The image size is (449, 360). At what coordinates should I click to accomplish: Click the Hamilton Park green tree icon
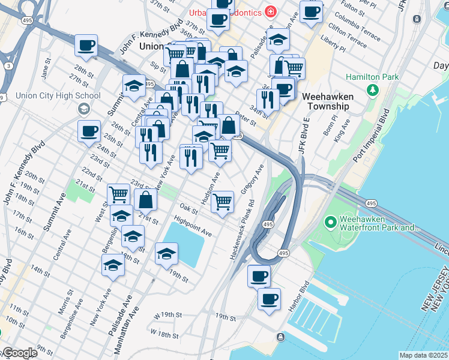(x=373, y=90)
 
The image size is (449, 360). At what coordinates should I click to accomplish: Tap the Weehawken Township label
(x=325, y=101)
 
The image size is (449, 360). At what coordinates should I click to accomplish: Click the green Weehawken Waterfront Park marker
(x=330, y=223)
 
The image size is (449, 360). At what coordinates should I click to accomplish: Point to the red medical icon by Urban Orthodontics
(x=271, y=12)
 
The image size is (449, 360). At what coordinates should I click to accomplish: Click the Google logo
(x=19, y=353)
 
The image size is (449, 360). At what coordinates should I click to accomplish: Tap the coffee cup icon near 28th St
(x=86, y=45)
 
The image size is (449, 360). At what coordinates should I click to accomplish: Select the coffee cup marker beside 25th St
(x=89, y=131)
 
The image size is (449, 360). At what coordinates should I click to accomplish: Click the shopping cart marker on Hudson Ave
(x=222, y=202)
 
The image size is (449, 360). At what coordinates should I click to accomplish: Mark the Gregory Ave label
(x=252, y=180)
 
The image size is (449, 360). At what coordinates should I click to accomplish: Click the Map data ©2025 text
(x=423, y=355)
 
